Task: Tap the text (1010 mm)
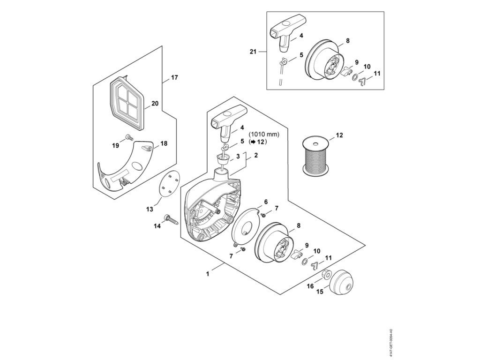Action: [x=263, y=134]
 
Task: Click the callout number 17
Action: [x=174, y=77]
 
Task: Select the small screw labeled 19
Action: [x=128, y=137]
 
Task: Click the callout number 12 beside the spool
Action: [x=339, y=135]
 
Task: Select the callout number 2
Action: [x=256, y=155]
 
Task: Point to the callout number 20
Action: [x=155, y=104]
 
